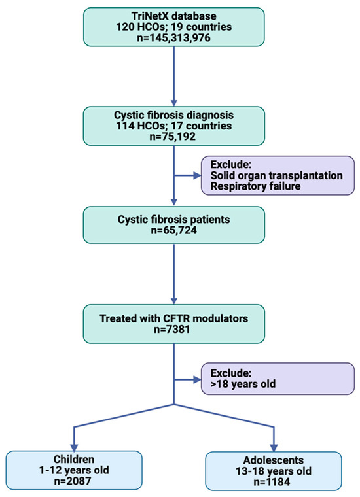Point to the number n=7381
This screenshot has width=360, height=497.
click(x=174, y=330)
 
